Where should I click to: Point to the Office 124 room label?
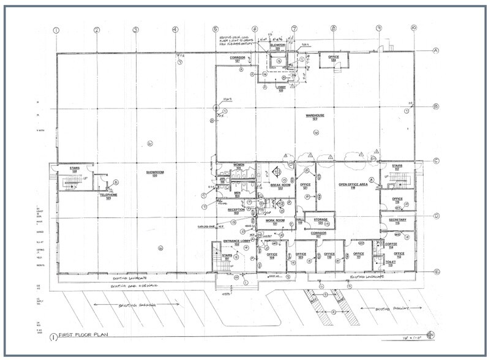(x=334, y=59)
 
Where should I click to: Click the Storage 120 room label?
(x=321, y=220)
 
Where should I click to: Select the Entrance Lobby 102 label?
(x=235, y=242)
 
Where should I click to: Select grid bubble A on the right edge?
(x=437, y=51)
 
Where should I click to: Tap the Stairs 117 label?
(x=397, y=167)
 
